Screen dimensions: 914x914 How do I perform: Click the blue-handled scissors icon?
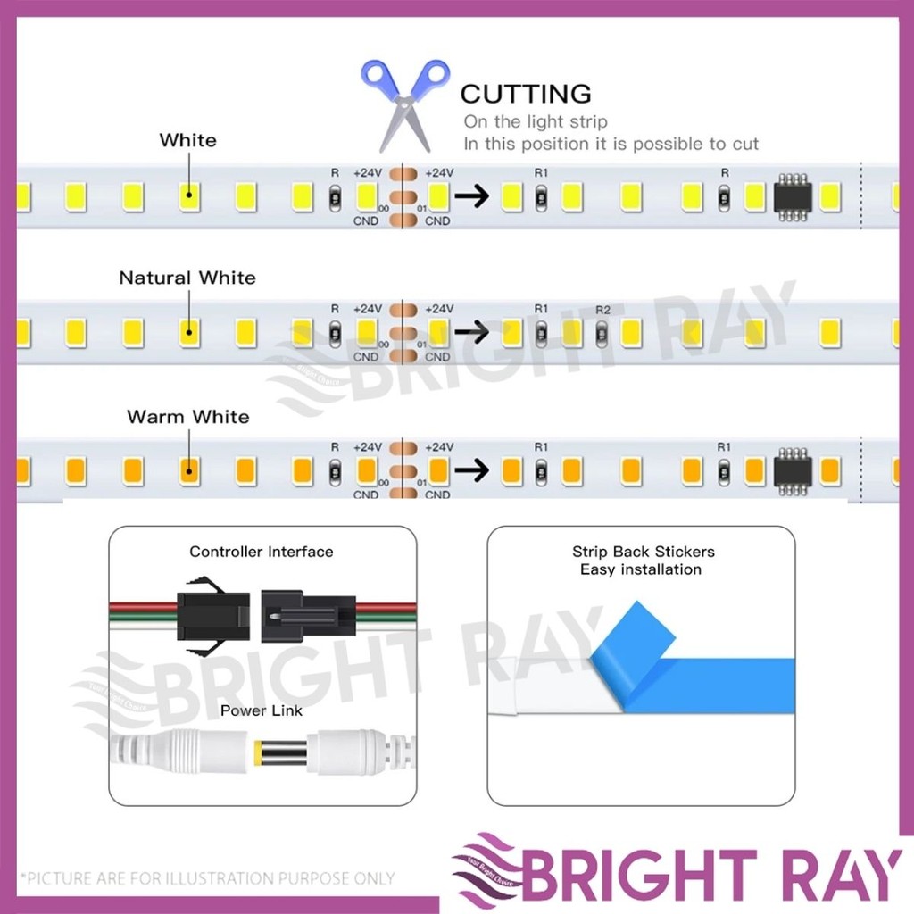tap(404, 103)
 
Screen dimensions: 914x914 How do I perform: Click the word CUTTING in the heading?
tap(526, 93)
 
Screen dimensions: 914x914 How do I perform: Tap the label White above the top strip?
tap(187, 140)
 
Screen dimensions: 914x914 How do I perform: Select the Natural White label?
tap(187, 278)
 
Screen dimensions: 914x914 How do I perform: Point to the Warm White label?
tap(187, 417)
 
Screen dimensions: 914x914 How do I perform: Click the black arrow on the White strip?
tap(472, 196)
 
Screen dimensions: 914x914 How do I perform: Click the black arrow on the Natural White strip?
tap(472, 333)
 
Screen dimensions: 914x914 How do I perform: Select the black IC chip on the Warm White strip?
tap(792, 470)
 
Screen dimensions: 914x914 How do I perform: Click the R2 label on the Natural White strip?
tap(602, 309)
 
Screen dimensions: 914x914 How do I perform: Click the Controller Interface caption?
tap(261, 552)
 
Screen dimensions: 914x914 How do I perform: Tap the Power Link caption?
tap(262, 710)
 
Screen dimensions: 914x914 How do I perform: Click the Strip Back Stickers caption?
tap(643, 552)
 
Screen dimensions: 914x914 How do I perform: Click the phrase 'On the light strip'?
tap(535, 121)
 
